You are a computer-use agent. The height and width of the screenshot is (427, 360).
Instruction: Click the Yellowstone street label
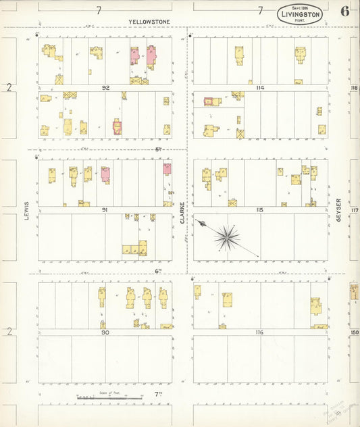pyautogui.click(x=149, y=22)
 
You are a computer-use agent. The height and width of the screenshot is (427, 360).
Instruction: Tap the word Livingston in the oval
pyautogui.click(x=299, y=13)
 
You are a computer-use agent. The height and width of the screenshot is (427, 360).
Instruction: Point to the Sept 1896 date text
pyautogui.click(x=299, y=6)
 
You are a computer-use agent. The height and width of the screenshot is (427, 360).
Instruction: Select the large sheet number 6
pyautogui.click(x=345, y=11)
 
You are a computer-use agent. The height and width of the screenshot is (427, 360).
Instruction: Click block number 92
pyautogui.click(x=106, y=88)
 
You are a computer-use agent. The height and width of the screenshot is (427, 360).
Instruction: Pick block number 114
pyautogui.click(x=260, y=88)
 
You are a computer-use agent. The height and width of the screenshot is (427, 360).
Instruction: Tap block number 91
pyautogui.click(x=105, y=210)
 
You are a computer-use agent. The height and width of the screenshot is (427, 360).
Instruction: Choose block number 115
pyautogui.click(x=260, y=210)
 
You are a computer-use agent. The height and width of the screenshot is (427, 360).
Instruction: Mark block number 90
pyautogui.click(x=105, y=332)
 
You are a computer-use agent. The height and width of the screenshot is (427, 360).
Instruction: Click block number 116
pyautogui.click(x=260, y=332)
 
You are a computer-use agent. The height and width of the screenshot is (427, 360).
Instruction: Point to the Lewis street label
pyautogui.click(x=28, y=211)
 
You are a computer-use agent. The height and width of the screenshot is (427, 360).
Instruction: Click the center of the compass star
pyautogui.click(x=228, y=237)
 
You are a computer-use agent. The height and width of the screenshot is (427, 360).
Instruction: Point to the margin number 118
pyautogui.click(x=354, y=89)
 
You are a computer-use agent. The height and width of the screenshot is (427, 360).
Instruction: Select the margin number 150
pyautogui.click(x=355, y=332)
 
